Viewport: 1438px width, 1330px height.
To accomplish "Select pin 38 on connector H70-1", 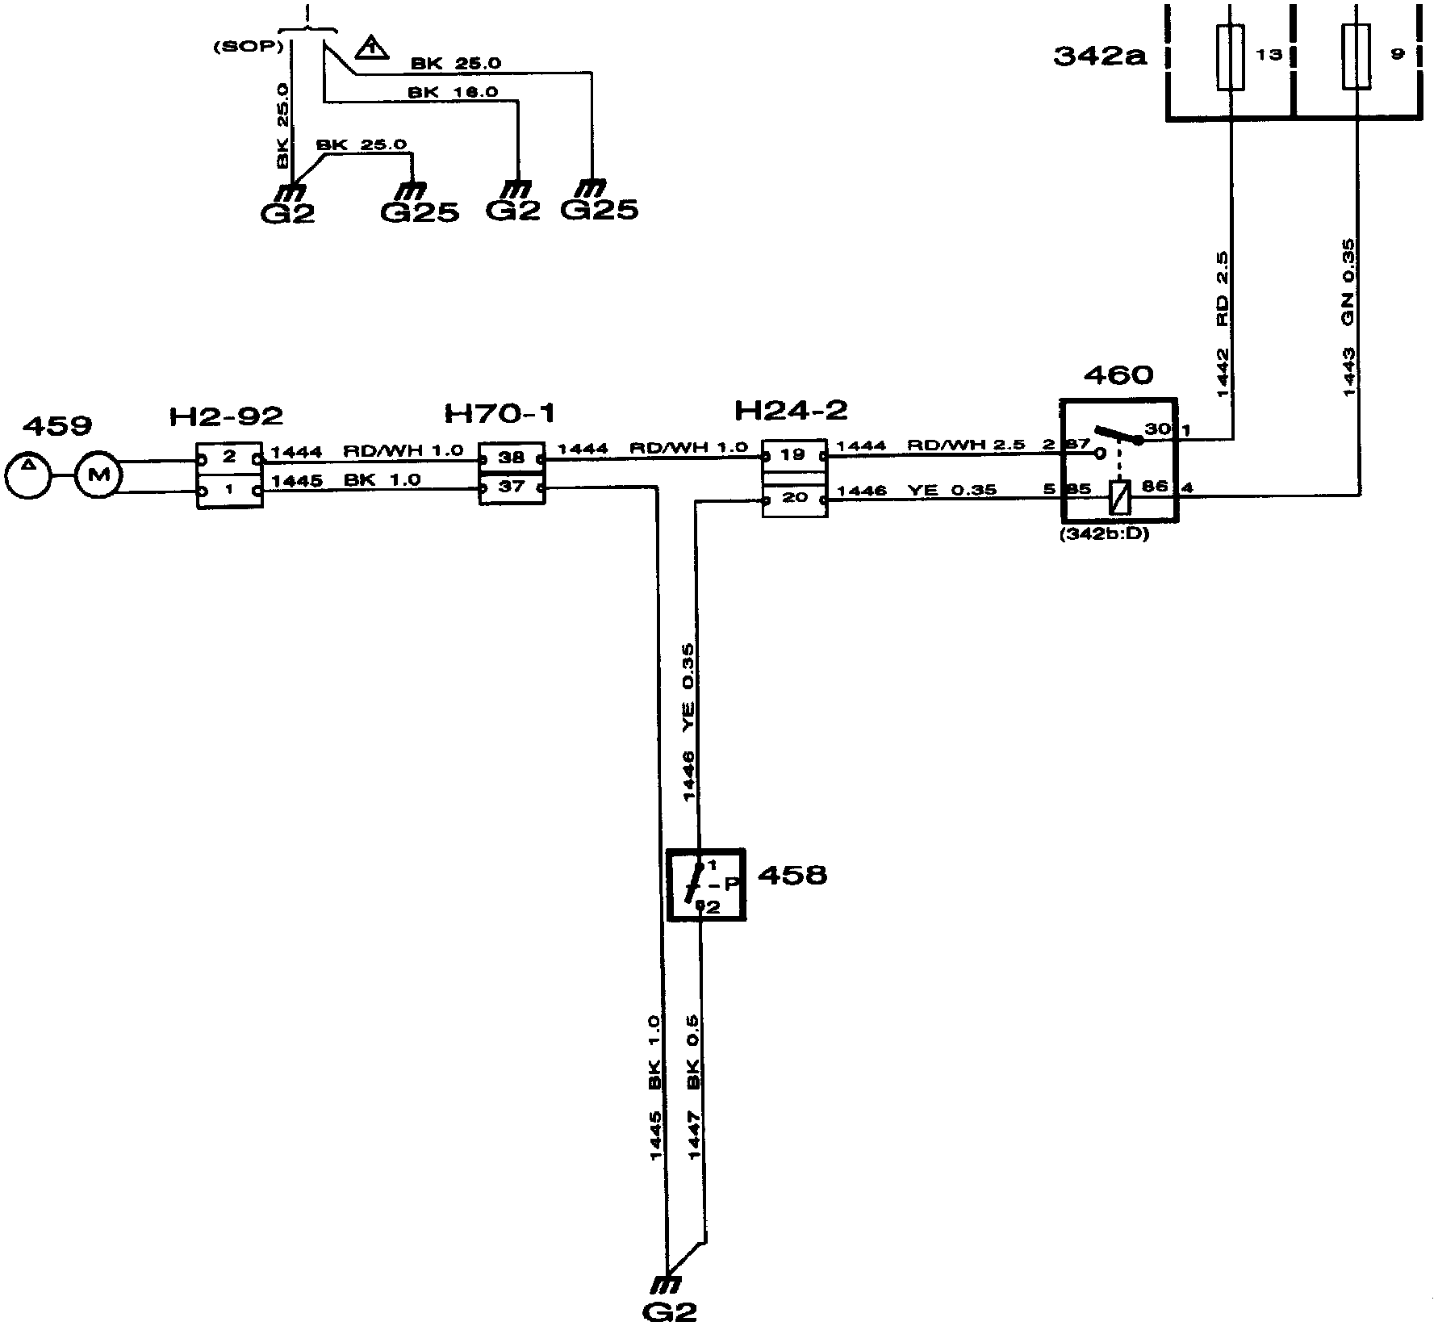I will click(x=512, y=458).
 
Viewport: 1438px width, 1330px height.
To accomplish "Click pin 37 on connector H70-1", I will click(x=512, y=487).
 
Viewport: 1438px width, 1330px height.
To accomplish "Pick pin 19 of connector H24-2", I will click(x=794, y=455).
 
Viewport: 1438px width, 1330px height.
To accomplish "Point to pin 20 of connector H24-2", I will click(x=794, y=498).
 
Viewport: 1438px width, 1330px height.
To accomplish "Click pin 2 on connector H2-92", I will click(x=229, y=458).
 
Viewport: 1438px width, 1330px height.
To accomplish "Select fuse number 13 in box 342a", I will click(x=1230, y=57).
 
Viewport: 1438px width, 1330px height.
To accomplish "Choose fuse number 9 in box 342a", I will click(x=1356, y=57).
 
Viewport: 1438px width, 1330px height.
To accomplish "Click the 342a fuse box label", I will click(x=1100, y=56).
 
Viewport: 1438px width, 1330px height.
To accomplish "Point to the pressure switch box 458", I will click(x=706, y=884).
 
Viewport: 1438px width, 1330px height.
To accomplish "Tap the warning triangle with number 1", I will click(x=370, y=48).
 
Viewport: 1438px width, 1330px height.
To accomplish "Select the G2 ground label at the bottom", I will click(x=670, y=1311).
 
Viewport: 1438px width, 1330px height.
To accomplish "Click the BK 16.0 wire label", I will click(x=453, y=93).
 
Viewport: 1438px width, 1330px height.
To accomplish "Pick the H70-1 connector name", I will click(x=500, y=414).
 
